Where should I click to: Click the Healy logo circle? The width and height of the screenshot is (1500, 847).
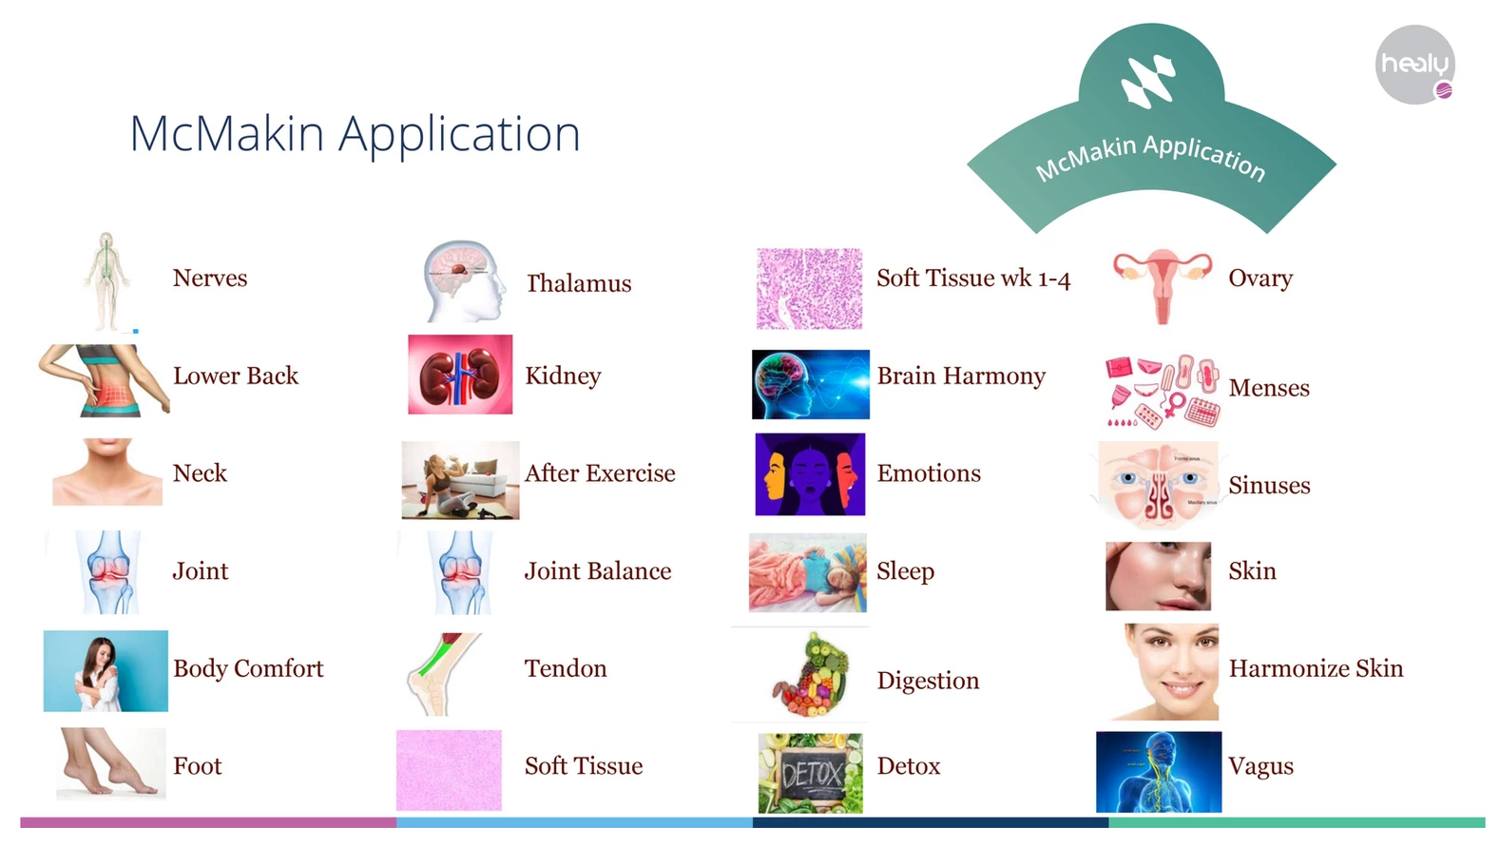tap(1414, 65)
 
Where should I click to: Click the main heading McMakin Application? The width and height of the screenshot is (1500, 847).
tap(355, 134)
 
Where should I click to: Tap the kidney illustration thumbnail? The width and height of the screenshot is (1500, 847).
tap(460, 375)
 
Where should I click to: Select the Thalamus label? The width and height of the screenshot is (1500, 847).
tap(579, 283)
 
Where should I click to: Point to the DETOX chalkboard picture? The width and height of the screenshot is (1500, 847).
tap(810, 773)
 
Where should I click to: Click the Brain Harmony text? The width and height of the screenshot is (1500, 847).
tap(961, 376)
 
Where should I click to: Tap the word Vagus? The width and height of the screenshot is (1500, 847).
tap(1261, 766)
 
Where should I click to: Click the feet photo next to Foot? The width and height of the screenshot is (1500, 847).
tap(110, 764)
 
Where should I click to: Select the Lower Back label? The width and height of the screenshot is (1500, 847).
tap(236, 375)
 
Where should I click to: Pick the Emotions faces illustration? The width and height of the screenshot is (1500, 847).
tap(810, 474)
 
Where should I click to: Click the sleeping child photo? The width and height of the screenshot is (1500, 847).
tap(808, 572)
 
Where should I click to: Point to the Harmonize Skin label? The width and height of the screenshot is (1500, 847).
tap(1316, 668)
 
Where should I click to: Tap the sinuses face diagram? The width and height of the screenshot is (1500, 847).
tap(1159, 485)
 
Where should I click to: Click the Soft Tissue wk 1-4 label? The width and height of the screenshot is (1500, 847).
tap(973, 278)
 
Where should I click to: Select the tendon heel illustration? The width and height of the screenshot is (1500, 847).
tap(443, 674)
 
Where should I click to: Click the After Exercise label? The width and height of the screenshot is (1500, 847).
tap(599, 473)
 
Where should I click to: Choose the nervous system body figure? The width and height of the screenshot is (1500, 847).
tap(106, 281)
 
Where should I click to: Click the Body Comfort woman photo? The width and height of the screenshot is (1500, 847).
tap(106, 670)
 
